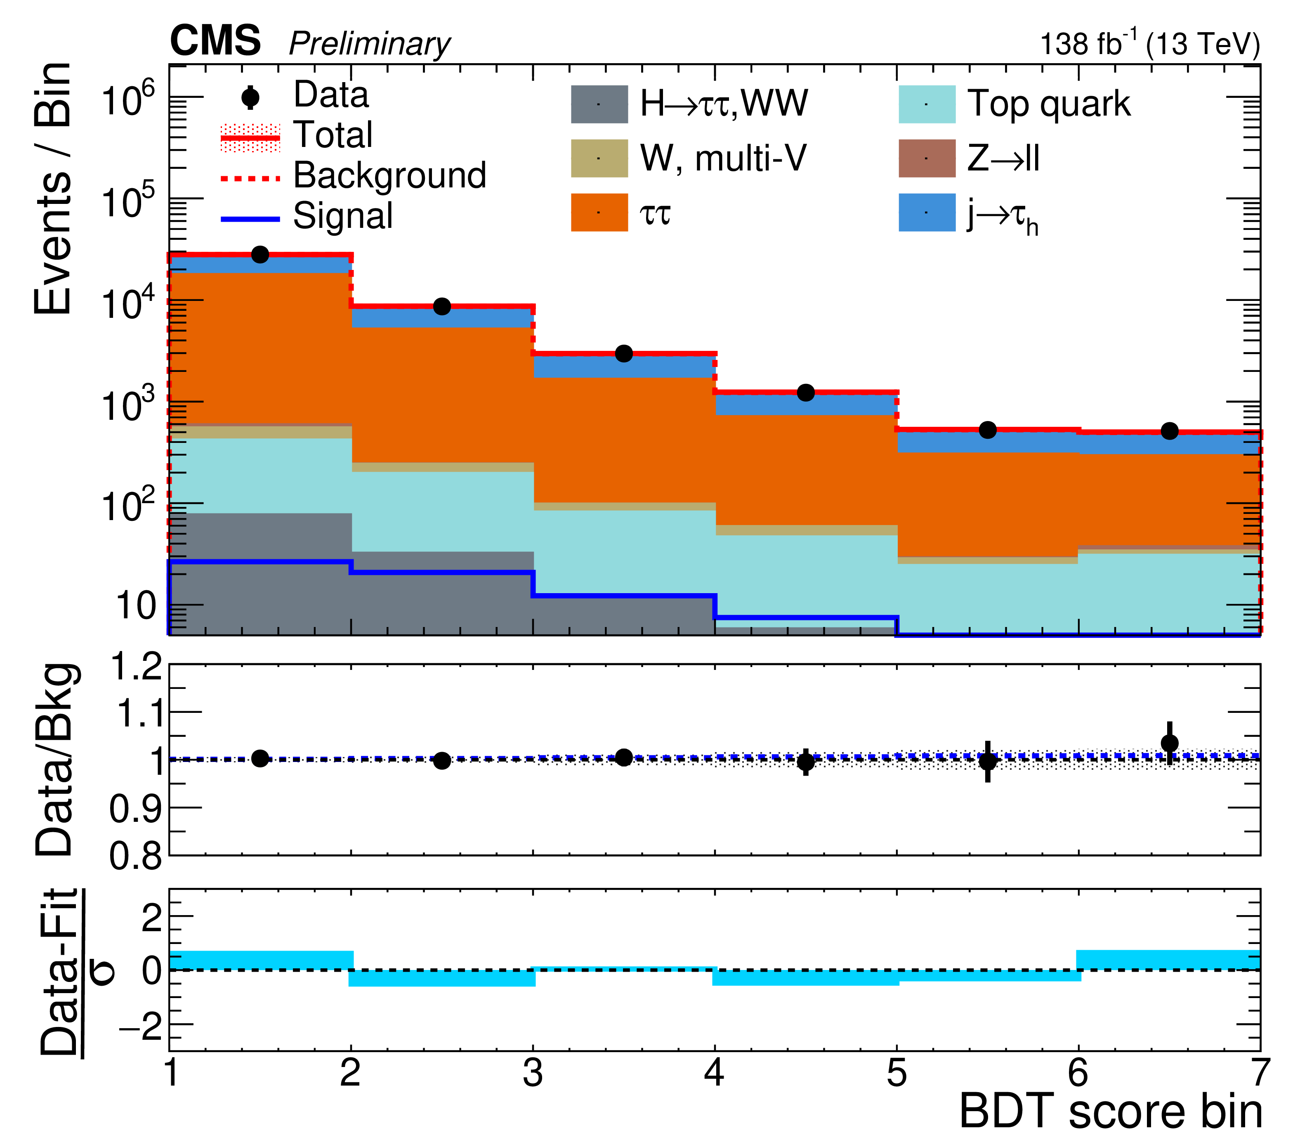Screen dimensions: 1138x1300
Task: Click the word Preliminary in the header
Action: click(x=369, y=45)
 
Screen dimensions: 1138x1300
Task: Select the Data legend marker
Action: click(x=251, y=97)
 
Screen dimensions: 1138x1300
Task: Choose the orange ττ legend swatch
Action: click(x=599, y=212)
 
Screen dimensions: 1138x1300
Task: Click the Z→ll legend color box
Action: click(x=927, y=158)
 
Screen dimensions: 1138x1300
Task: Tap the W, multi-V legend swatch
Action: click(x=599, y=158)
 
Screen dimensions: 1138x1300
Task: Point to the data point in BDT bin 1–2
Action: click(x=260, y=255)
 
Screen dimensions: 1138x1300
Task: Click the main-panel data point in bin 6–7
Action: click(x=1169, y=431)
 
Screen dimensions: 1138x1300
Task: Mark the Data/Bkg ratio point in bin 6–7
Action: click(x=1169, y=743)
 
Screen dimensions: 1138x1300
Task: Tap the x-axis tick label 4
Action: click(x=715, y=1073)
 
